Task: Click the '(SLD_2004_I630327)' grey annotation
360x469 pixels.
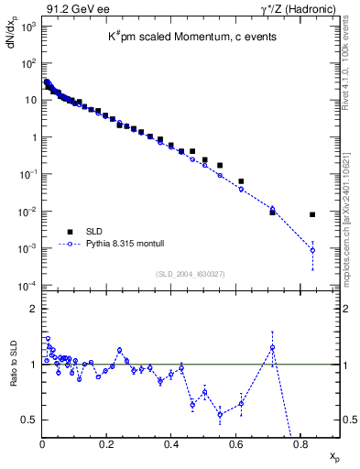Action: [191, 274]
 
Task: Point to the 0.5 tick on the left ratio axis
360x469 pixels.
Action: [29, 420]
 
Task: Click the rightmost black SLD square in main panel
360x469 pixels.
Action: [312, 214]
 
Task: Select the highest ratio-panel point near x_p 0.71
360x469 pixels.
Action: [272, 347]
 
